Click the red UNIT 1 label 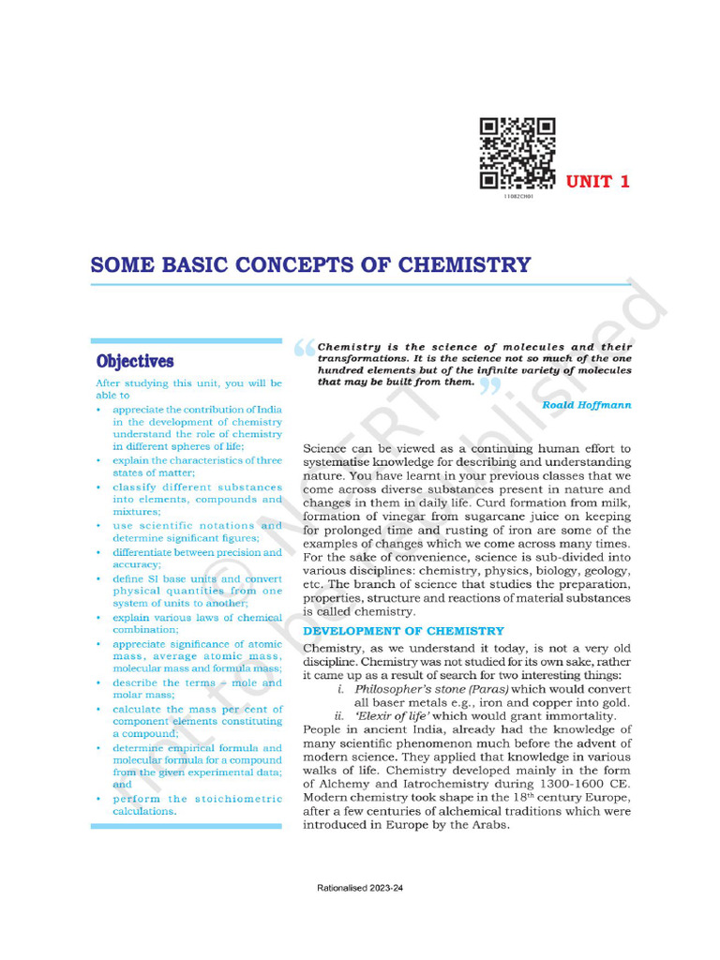597,182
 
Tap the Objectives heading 135,361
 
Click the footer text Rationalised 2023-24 360,887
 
